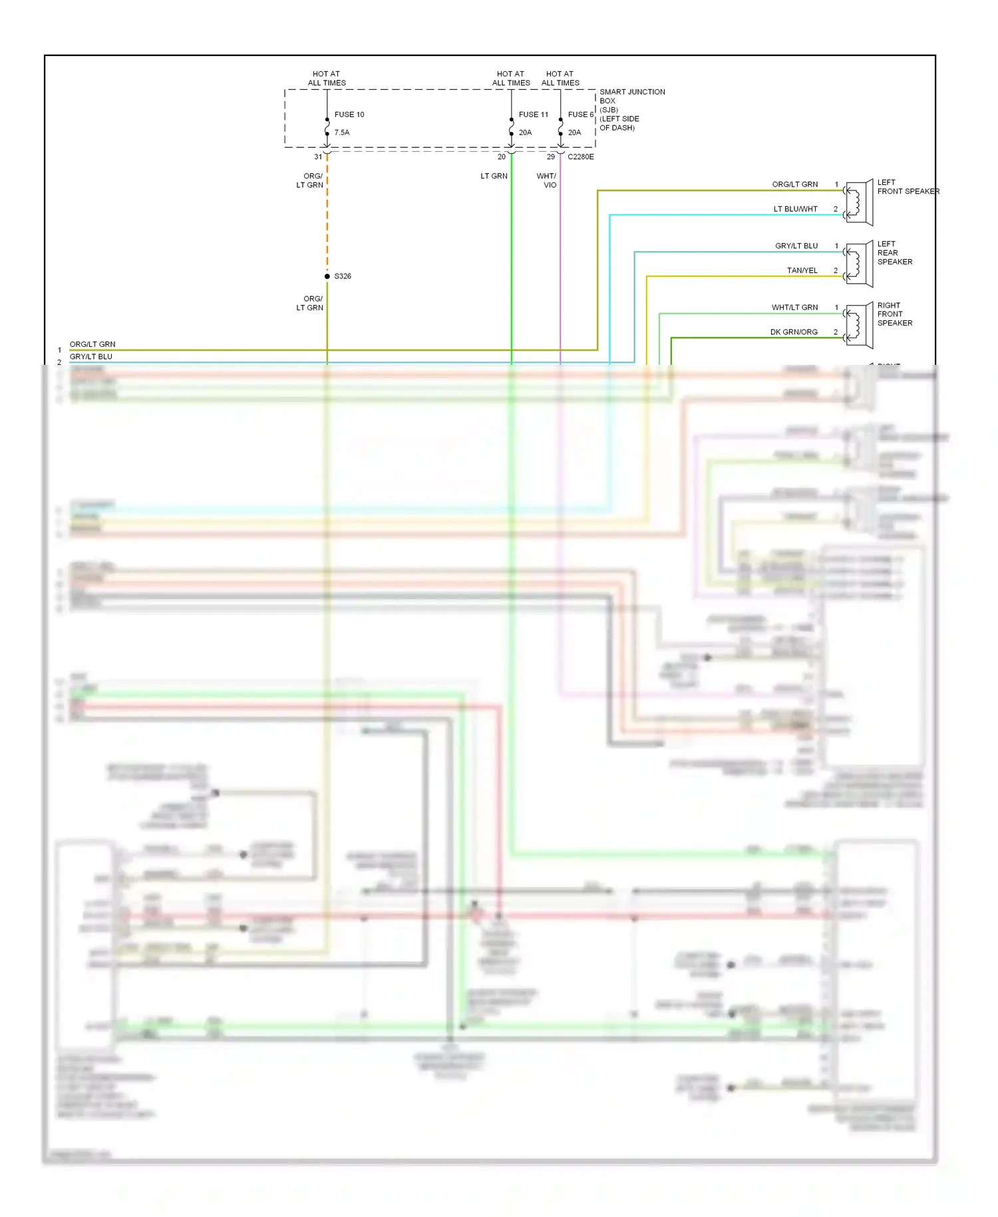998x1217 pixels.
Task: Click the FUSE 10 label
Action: pyautogui.click(x=349, y=115)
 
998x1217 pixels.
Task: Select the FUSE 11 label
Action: pyautogui.click(x=533, y=115)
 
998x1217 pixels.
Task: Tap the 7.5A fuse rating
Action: pyautogui.click(x=341, y=132)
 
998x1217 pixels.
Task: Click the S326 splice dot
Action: pyautogui.click(x=327, y=276)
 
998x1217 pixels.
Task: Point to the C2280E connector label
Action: pyautogui.click(x=580, y=157)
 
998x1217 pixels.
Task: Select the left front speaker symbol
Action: pyautogui.click(x=858, y=202)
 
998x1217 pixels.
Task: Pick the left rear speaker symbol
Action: pyautogui.click(x=858, y=264)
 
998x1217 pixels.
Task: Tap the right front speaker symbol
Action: pyautogui.click(x=858, y=325)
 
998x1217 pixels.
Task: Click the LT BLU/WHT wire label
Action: pyautogui.click(x=795, y=209)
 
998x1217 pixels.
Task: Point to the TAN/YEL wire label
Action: pyautogui.click(x=802, y=270)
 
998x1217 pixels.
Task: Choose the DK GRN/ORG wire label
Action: pyautogui.click(x=794, y=332)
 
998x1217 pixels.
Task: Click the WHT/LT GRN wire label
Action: pyautogui.click(x=794, y=308)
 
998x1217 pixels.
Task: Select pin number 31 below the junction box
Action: pyautogui.click(x=318, y=157)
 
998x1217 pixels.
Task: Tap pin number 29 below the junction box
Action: pyautogui.click(x=550, y=157)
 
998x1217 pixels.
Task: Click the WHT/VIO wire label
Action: pyautogui.click(x=547, y=180)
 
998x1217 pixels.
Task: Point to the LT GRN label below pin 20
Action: pyautogui.click(x=494, y=176)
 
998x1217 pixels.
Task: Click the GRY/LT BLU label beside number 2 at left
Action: pyautogui.click(x=91, y=357)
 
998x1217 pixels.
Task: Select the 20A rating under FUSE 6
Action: pyautogui.click(x=574, y=132)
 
